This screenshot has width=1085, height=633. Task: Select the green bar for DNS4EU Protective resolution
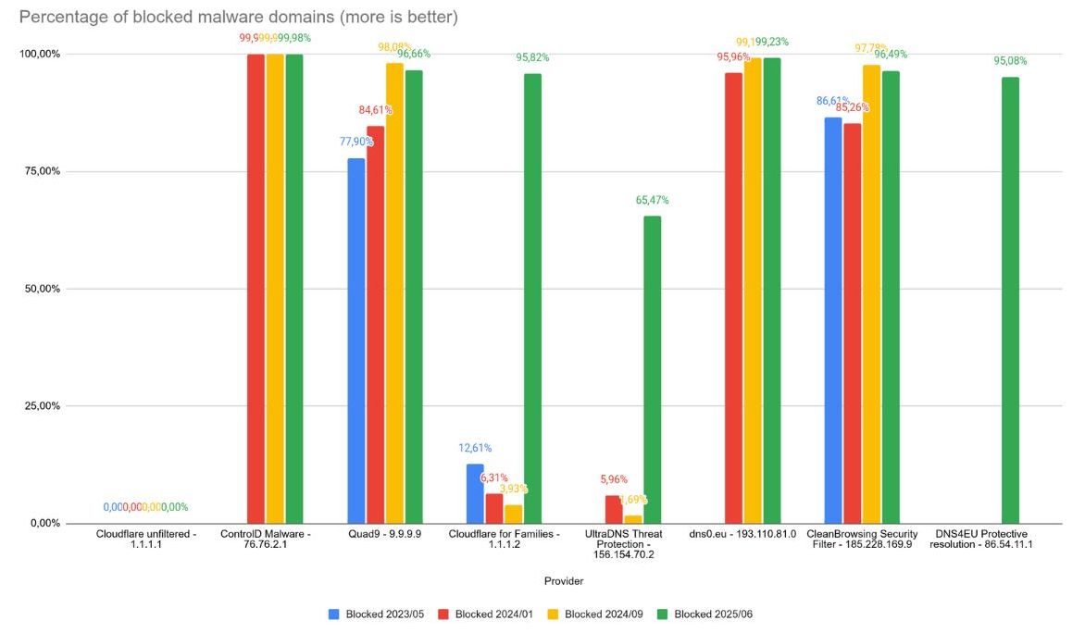pyautogui.click(x=1010, y=300)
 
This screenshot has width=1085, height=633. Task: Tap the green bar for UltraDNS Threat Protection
pyautogui.click(x=653, y=369)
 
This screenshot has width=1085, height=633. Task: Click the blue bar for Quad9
pyautogui.click(x=356, y=341)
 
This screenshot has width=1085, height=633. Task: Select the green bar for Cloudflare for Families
pyautogui.click(x=532, y=298)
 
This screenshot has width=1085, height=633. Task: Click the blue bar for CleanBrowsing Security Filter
pyautogui.click(x=833, y=320)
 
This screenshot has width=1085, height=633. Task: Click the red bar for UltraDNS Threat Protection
pyautogui.click(x=614, y=509)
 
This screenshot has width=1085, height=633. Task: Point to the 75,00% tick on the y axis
pyautogui.click(x=41, y=171)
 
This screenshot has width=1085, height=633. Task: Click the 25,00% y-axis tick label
pyautogui.click(x=41, y=406)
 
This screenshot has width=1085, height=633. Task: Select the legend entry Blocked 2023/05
pyautogui.click(x=377, y=614)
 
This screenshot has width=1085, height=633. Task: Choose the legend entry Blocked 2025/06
pyautogui.click(x=706, y=614)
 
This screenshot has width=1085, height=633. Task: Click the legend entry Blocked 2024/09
pyautogui.click(x=596, y=614)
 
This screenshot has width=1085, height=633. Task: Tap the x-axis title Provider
pyautogui.click(x=564, y=581)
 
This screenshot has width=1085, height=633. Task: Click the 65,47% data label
pyautogui.click(x=652, y=200)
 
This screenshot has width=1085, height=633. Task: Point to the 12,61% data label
pyautogui.click(x=475, y=448)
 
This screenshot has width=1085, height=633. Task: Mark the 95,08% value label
pyautogui.click(x=1010, y=61)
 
